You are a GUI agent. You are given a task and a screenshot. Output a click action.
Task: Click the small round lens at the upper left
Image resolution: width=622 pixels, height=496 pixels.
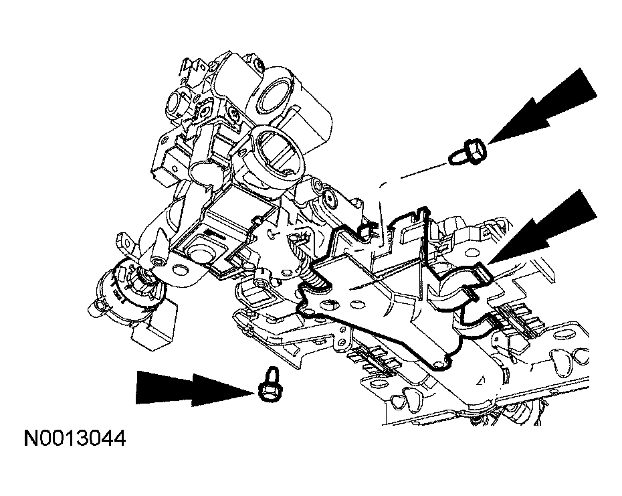pyautogui.click(x=180, y=104)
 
